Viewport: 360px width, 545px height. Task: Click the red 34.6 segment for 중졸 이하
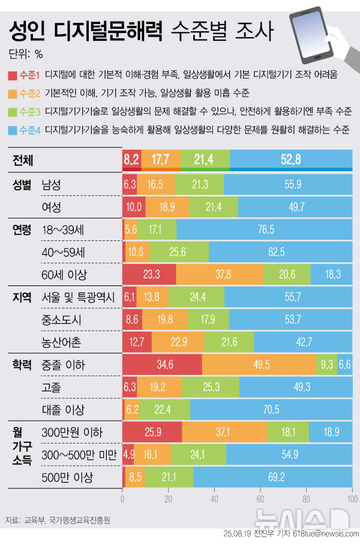pyautogui.click(x=161, y=364)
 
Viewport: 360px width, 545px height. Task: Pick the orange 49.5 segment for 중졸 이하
pyautogui.click(x=259, y=364)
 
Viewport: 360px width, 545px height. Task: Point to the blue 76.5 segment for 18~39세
pyautogui.click(x=264, y=229)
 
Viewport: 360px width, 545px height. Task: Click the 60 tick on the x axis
pyautogui.click(x=260, y=498)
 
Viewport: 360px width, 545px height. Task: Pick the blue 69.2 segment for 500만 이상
pyautogui.click(x=273, y=478)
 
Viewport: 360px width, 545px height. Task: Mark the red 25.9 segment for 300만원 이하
pyautogui.click(x=152, y=432)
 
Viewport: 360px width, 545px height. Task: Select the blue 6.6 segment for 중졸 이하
pyautogui.click(x=345, y=364)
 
